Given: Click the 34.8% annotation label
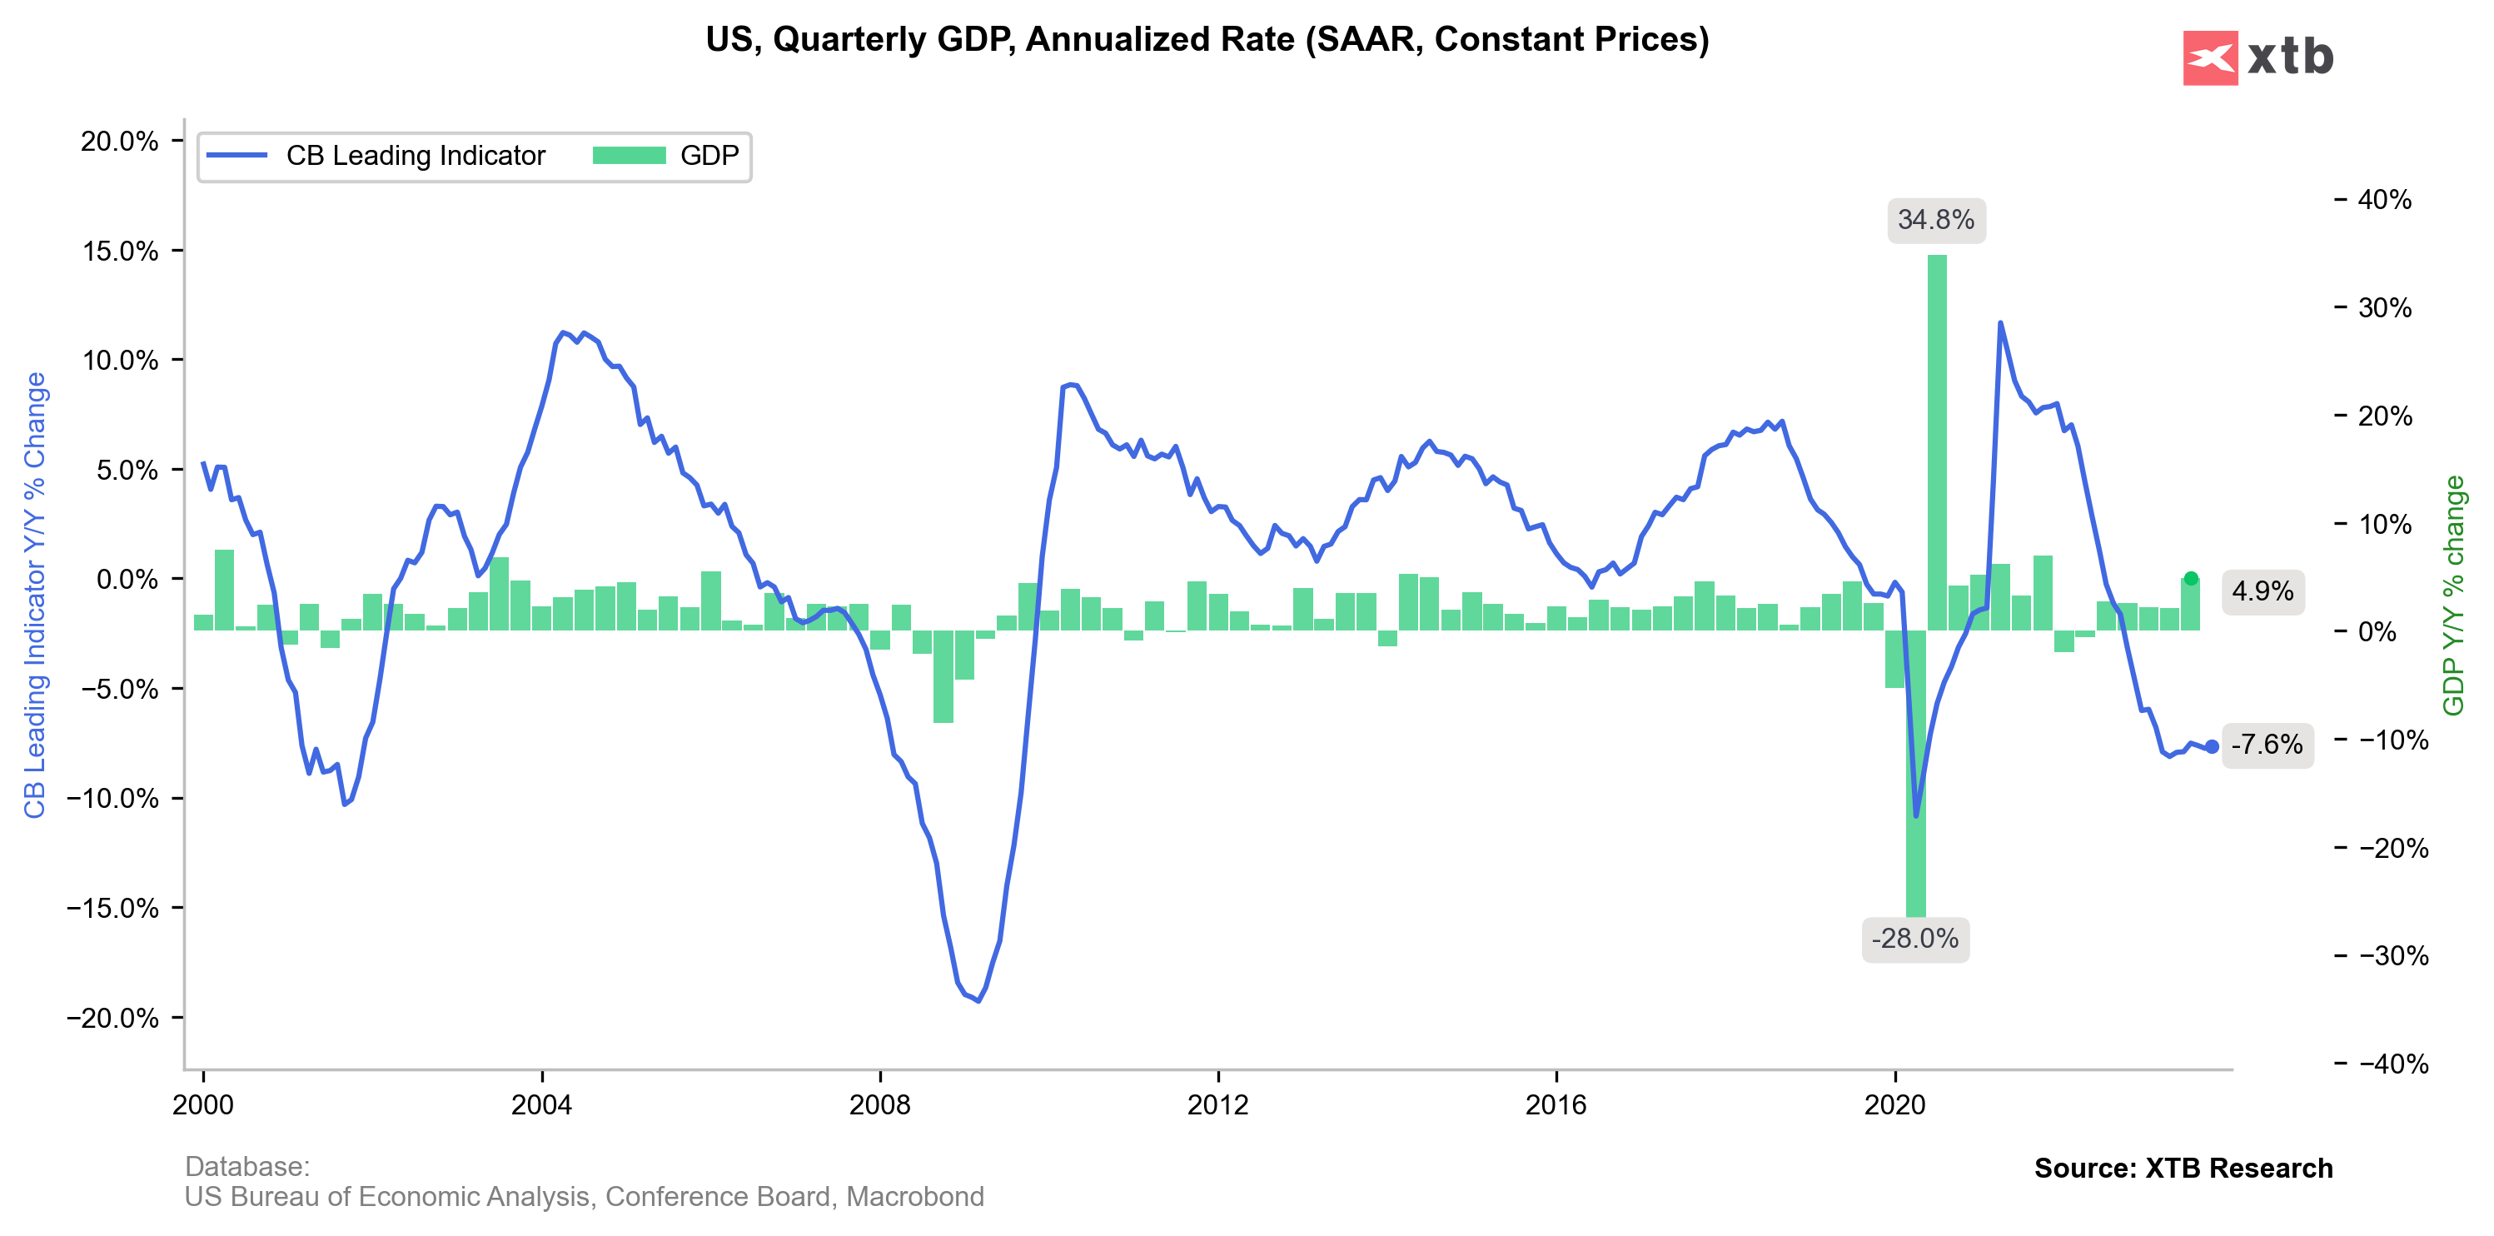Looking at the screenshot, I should click(1935, 220).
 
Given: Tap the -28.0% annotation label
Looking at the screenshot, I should click(1914, 939).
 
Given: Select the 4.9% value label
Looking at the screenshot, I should click(2262, 591).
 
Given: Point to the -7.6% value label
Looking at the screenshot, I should click(2267, 744).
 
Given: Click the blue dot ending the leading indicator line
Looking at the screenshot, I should click(2212, 747).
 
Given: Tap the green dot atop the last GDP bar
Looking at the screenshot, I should click(2191, 578).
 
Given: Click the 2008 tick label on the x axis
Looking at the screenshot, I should click(879, 1104).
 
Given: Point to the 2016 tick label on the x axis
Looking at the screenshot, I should click(1556, 1104).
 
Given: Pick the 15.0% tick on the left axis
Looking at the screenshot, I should click(120, 251).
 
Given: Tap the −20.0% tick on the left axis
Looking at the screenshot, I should click(112, 1018).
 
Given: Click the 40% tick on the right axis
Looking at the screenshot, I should click(2383, 200).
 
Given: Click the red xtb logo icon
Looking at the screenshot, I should click(2209, 58).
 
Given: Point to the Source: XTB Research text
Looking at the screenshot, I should click(2183, 1169).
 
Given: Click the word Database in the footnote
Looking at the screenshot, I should click(246, 1166).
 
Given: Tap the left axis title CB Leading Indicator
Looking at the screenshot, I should click(35, 595).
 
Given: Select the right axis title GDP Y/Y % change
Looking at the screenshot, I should click(2453, 595).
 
